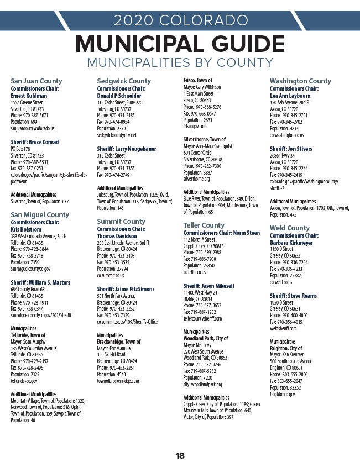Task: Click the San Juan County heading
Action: pos(36,81)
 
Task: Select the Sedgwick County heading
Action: pos(124,81)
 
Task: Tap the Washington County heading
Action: pos(300,81)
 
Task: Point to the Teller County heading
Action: pos(204,225)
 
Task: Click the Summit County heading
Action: pos(121,222)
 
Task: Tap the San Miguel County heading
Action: pos(40,215)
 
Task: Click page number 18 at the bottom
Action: pos(180,456)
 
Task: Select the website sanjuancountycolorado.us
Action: pos(33,128)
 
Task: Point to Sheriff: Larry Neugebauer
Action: pos(126,149)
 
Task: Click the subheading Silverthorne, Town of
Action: pos(204,139)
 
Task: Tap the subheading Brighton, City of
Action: pos(286,349)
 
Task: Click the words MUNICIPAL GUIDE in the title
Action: pos(180,44)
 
